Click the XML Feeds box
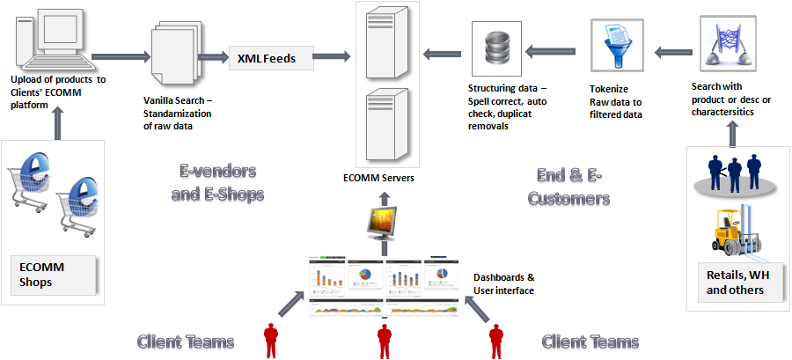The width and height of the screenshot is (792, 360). coord(273,59)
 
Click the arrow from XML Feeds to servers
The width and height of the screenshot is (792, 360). coord(334,58)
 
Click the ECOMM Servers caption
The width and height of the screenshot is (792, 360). coord(378,178)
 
